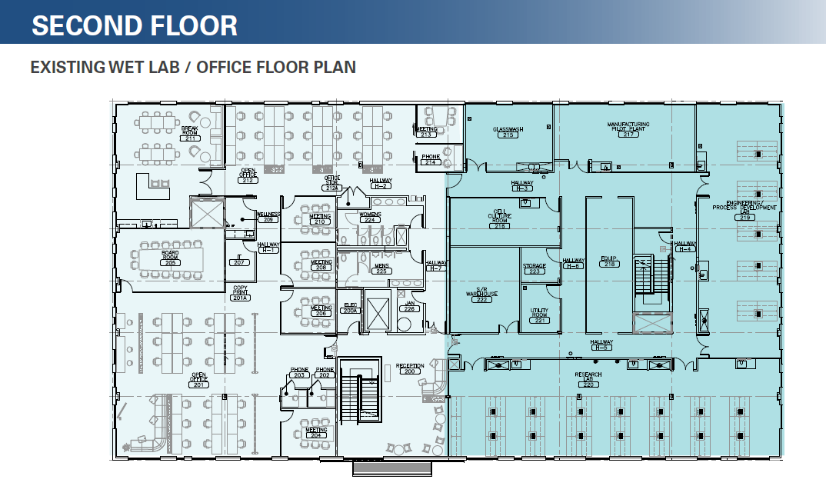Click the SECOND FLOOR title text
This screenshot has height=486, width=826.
135,25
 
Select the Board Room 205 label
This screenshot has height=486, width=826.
170,258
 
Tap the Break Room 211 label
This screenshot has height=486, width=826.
190,135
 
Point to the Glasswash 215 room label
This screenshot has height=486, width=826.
508,132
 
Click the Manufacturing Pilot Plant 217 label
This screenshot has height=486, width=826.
628,128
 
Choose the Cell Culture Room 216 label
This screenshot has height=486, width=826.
501,218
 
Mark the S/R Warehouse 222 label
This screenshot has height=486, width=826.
482,295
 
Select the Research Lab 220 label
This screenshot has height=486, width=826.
588,379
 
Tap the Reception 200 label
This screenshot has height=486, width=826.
410,368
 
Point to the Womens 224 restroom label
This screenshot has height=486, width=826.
370,217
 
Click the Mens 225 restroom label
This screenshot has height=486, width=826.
381,268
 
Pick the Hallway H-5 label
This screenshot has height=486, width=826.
601,345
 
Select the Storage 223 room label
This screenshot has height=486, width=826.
535,268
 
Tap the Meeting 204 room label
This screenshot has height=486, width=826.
315,432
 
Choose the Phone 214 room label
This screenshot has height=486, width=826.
431,159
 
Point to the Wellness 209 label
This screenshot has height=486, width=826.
268,217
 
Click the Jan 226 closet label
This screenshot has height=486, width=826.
409,306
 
